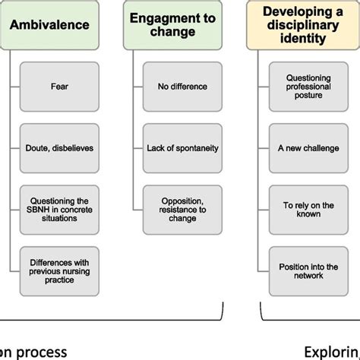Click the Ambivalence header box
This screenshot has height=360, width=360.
point(49,24)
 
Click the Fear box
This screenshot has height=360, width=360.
point(59,86)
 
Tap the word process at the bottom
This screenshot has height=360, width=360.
point(45,351)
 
